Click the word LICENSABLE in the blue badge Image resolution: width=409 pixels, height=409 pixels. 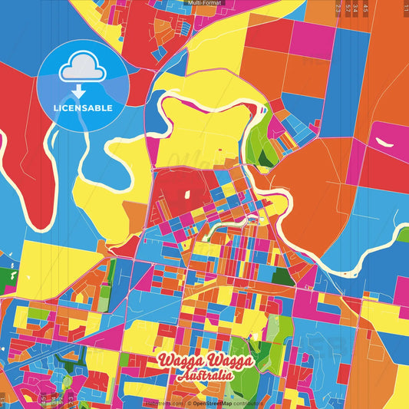coord(83,108)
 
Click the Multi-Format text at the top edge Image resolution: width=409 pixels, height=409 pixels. coord(204,3)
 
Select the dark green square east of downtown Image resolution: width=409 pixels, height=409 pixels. coord(282,277)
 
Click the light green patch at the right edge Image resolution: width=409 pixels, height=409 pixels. coord(402,235)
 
